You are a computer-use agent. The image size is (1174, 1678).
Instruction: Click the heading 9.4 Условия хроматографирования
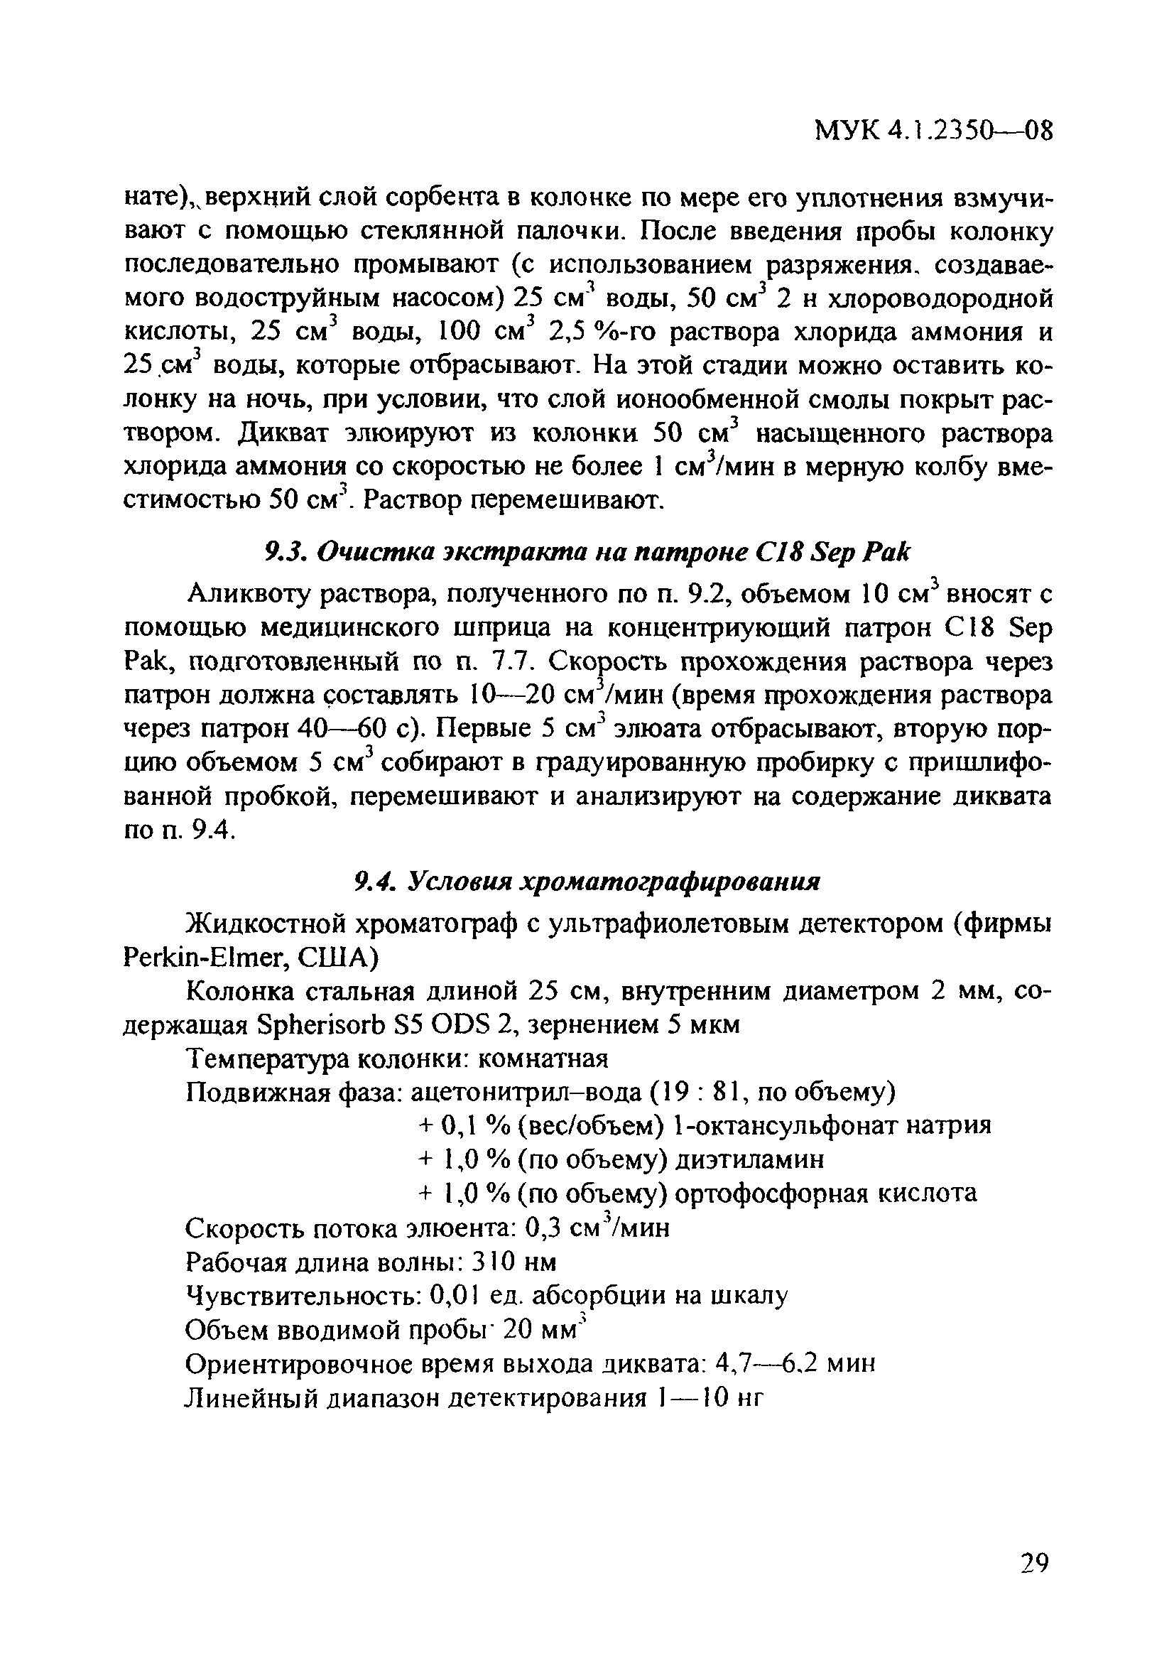587,882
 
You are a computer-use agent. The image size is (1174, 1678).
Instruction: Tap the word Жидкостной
266,924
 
